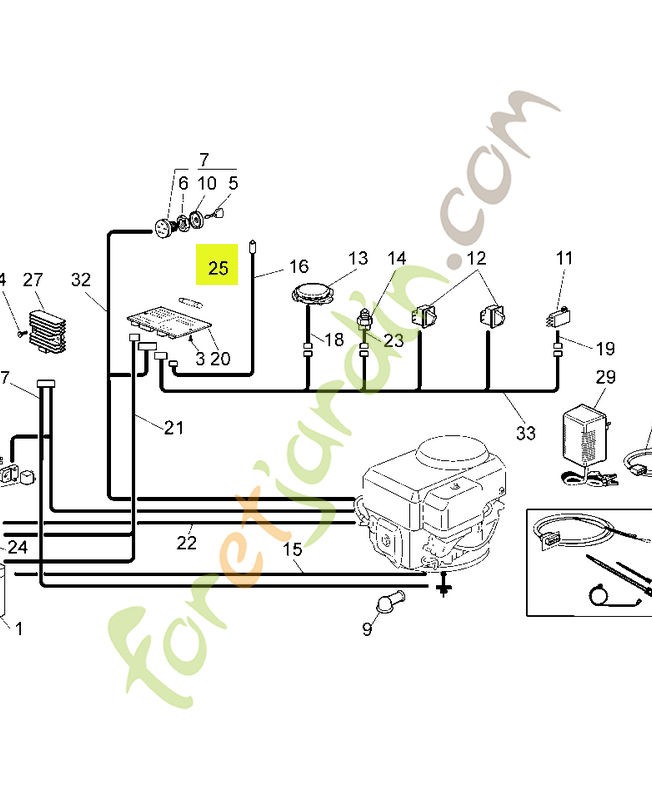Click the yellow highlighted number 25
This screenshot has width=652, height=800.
(x=218, y=267)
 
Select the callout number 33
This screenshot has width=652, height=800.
(x=526, y=432)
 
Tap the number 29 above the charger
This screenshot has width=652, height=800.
(x=605, y=377)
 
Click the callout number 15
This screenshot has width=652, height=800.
(x=292, y=549)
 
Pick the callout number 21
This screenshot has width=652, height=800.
(x=174, y=428)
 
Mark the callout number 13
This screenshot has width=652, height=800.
(x=358, y=258)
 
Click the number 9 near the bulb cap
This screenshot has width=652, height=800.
(x=366, y=629)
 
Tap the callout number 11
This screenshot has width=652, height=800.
(x=564, y=258)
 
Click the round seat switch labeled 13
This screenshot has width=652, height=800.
(x=316, y=294)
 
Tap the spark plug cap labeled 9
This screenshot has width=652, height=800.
(x=388, y=603)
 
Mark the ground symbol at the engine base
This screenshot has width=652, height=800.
(x=441, y=590)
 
